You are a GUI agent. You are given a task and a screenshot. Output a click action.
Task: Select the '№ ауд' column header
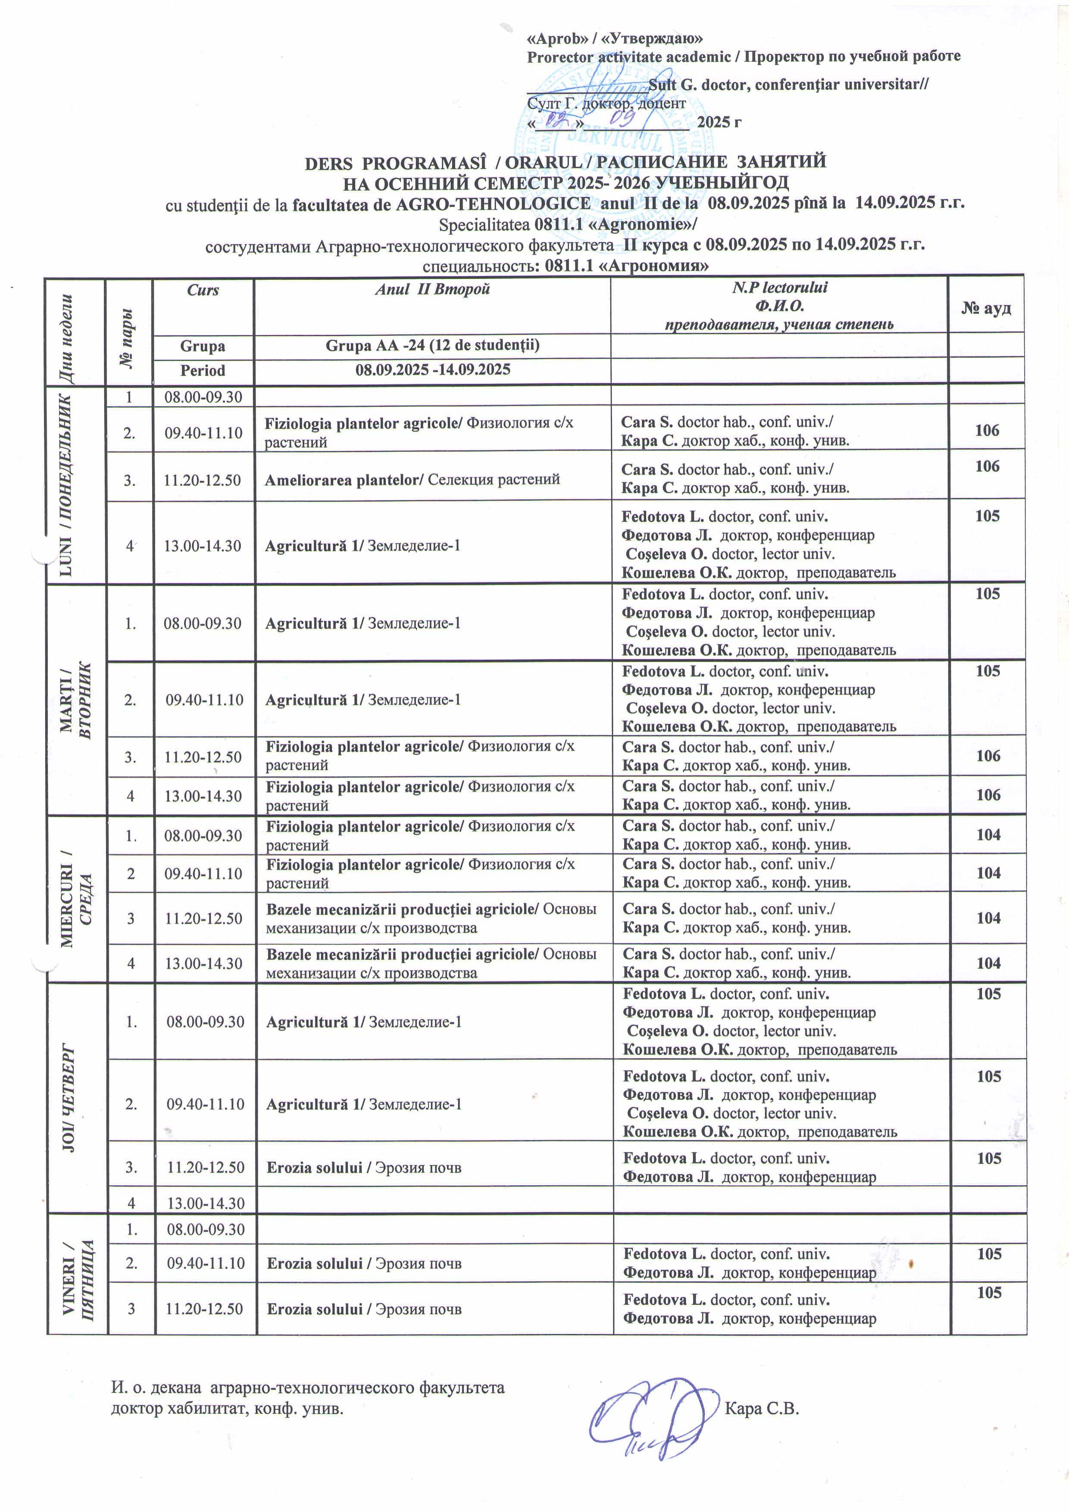point(985,308)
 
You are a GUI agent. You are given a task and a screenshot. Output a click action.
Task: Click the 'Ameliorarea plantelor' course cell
point(412,479)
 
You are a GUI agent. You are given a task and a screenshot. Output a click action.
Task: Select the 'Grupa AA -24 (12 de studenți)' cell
point(432,346)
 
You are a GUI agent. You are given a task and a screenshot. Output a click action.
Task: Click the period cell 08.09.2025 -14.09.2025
point(432,370)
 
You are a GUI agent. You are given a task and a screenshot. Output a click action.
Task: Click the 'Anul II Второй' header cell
point(432,290)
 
